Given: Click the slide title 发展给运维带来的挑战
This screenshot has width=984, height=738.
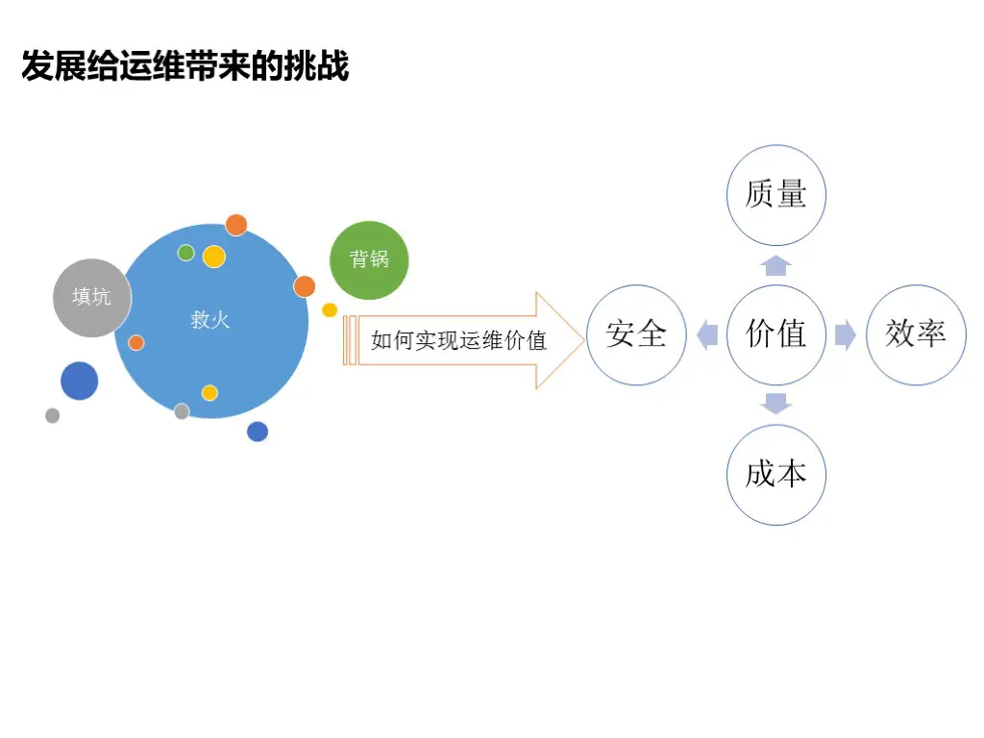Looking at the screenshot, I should pyautogui.click(x=184, y=66).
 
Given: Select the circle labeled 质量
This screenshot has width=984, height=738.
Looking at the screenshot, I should pyautogui.click(x=775, y=195).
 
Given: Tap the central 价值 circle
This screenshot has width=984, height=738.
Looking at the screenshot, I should pyautogui.click(x=775, y=334).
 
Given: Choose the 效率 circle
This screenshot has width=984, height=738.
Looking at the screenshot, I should pyautogui.click(x=916, y=334).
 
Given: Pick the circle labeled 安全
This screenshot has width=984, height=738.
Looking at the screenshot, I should pyautogui.click(x=636, y=334).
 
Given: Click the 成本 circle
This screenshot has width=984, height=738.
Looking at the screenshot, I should pyautogui.click(x=775, y=475).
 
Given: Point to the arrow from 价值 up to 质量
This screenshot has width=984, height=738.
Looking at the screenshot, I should pyautogui.click(x=775, y=265).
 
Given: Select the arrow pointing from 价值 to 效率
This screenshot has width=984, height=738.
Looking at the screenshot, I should pyautogui.click(x=846, y=335).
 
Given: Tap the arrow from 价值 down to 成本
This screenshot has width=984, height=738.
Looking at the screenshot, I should pyautogui.click(x=775, y=404).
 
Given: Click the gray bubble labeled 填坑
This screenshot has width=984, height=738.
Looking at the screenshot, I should pyautogui.click(x=91, y=297).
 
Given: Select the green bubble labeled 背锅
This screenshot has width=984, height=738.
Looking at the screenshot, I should pyautogui.click(x=369, y=259).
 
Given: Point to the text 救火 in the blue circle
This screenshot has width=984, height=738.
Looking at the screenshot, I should pyautogui.click(x=210, y=320).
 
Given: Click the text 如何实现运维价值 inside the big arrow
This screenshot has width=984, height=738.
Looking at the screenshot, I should pyautogui.click(x=458, y=340).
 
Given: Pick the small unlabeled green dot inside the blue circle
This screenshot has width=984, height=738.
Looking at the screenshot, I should pyautogui.click(x=186, y=253).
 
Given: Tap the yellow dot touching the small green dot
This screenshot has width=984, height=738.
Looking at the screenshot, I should pyautogui.click(x=214, y=257).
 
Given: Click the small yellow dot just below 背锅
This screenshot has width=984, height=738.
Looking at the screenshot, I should pyautogui.click(x=330, y=309).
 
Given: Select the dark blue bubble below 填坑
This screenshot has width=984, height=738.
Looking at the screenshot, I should pyautogui.click(x=79, y=381).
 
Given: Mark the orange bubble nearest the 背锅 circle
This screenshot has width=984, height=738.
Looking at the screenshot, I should pyautogui.click(x=305, y=286).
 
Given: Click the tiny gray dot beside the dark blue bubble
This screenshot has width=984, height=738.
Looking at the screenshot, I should pyautogui.click(x=52, y=415).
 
